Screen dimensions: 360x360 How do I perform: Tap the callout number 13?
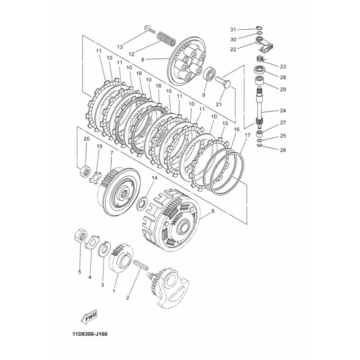[120, 47]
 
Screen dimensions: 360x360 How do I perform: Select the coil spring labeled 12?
[166, 39]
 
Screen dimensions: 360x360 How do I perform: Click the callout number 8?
[143, 60]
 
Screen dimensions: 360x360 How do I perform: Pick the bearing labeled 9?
[210, 74]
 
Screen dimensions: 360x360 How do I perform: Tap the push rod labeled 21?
[222, 83]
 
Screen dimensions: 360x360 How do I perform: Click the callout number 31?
[233, 30]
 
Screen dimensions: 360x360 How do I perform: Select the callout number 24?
[283, 110]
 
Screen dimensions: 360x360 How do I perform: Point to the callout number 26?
[283, 150]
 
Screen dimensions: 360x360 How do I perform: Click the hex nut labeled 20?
[85, 171]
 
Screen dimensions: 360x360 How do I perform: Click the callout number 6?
[212, 211]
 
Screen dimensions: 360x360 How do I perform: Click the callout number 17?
[247, 135]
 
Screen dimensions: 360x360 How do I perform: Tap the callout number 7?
[112, 153]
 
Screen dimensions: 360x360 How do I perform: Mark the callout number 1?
[114, 291]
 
